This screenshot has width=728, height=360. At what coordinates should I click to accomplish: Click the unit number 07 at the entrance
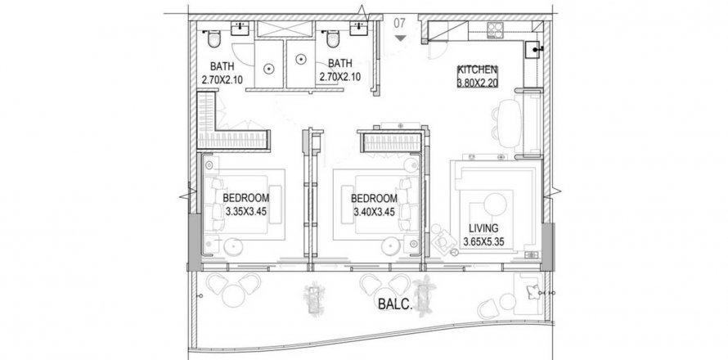[x=400, y=23]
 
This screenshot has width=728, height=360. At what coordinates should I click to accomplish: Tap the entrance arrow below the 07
[x=401, y=38]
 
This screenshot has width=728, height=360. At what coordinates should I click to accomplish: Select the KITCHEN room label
[x=477, y=70]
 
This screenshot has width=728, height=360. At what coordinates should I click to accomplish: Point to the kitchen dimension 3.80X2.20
[x=478, y=83]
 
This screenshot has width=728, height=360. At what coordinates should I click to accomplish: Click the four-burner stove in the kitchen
[x=496, y=30]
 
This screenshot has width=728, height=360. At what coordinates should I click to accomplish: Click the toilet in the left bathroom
[x=213, y=39]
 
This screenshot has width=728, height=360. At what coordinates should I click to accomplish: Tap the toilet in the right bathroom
[x=333, y=39]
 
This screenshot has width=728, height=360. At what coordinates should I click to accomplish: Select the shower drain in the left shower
[x=268, y=69]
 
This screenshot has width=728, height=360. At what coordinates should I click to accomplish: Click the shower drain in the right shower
[x=301, y=59]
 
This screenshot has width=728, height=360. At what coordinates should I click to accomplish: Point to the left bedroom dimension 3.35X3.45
[x=245, y=212]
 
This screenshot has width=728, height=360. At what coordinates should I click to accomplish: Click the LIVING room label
[x=483, y=228]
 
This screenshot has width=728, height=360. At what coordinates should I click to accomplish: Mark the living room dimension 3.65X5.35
[x=483, y=241]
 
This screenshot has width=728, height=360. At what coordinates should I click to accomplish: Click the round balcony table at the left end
[x=234, y=295]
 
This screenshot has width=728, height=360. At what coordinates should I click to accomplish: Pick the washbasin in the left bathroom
[x=240, y=27]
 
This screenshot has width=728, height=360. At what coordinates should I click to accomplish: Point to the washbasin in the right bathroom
[x=359, y=27]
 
